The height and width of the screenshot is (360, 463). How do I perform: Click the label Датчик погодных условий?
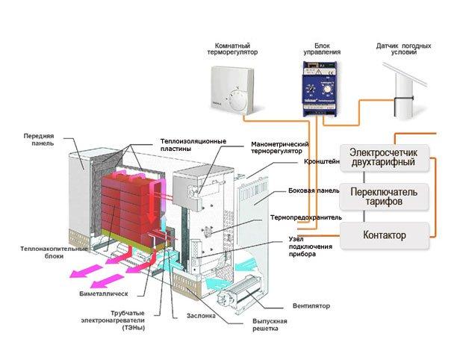pyautogui.click(x=399, y=50)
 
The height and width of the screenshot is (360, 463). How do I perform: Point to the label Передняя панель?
pyautogui.click(x=39, y=140)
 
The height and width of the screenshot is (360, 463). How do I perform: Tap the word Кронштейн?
pyautogui.click(x=322, y=161)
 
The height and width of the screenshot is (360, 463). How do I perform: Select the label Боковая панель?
pyautogui.click(x=314, y=191)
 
